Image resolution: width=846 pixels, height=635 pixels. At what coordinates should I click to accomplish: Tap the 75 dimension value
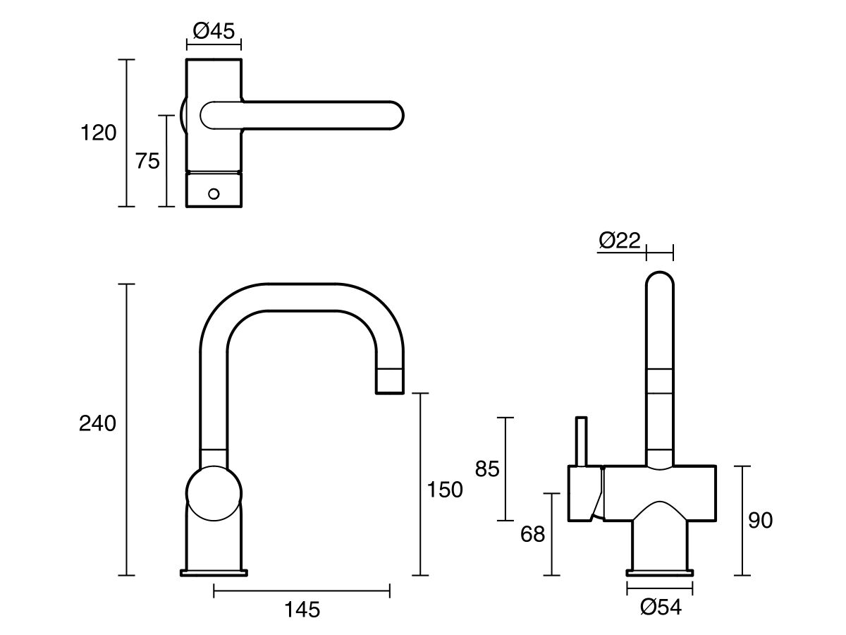[x=147, y=161]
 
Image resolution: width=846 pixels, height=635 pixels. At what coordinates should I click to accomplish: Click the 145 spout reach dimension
[x=302, y=608]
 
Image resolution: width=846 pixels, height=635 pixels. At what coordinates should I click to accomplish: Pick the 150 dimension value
[x=445, y=489]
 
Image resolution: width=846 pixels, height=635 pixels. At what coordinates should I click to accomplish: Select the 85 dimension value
[x=487, y=468]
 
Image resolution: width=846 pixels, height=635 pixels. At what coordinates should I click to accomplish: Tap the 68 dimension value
[x=533, y=534]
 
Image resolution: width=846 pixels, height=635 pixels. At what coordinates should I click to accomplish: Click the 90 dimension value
[x=760, y=520]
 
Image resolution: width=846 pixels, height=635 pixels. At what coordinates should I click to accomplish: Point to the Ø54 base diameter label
[x=661, y=606]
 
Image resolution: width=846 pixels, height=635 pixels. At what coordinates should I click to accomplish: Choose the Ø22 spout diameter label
[x=620, y=241]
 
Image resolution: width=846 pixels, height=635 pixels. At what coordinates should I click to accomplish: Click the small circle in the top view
[x=214, y=192]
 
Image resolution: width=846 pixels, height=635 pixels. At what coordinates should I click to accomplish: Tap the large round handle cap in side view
[x=214, y=493]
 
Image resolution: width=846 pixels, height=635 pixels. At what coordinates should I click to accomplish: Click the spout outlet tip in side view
[x=390, y=382]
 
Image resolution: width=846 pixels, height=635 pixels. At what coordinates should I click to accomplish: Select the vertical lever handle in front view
[x=581, y=441]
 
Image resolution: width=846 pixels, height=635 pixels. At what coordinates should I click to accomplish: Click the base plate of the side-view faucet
[x=214, y=572]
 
